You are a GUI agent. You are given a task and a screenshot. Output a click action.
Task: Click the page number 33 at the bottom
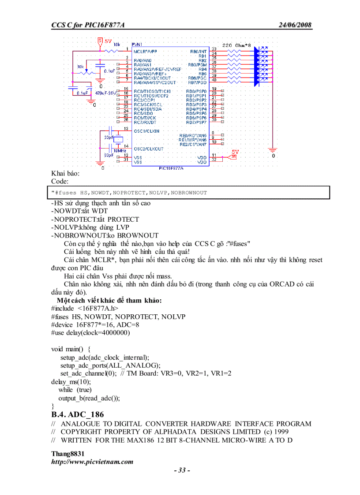(182, 470)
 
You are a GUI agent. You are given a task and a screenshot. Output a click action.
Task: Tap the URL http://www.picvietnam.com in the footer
(92, 462)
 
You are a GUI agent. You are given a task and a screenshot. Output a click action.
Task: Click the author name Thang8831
(67, 454)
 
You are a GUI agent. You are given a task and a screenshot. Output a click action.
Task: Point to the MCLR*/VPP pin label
(145, 51)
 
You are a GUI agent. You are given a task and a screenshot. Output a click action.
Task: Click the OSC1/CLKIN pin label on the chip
(146, 131)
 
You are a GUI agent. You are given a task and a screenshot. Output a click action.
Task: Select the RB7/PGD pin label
(197, 82)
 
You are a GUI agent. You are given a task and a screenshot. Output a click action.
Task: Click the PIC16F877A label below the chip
(171, 168)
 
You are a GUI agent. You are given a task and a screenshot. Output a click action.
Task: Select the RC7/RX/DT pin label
(145, 122)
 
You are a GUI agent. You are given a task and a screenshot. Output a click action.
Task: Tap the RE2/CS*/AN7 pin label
(193, 144)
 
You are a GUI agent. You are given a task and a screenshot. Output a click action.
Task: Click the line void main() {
(71, 349)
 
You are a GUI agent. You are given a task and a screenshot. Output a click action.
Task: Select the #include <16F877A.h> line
(85, 309)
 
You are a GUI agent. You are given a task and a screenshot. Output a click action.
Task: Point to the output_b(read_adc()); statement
(89, 398)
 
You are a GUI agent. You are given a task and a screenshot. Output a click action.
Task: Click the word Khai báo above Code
(65, 173)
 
